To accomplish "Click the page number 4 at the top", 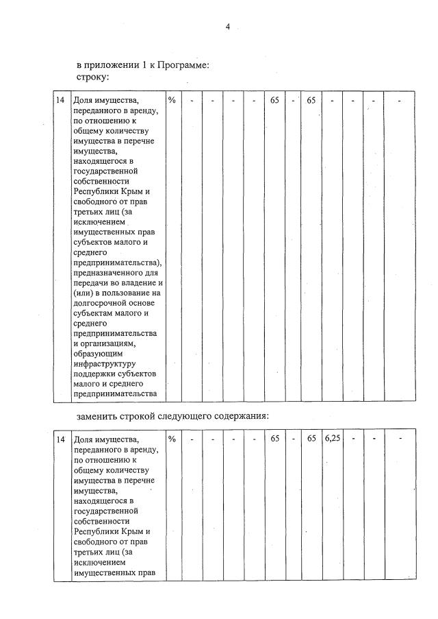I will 227,26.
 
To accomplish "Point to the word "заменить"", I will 96,416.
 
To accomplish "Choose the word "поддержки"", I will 94,374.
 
